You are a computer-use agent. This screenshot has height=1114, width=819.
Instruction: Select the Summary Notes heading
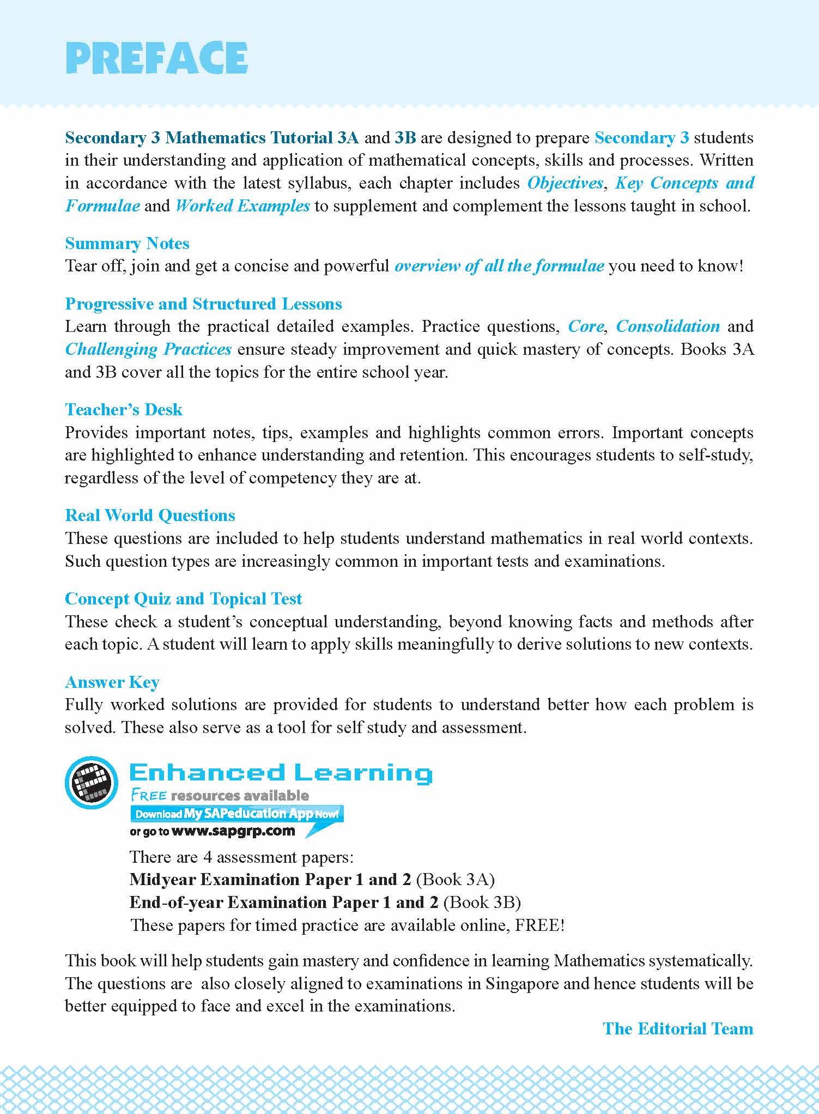coord(127,243)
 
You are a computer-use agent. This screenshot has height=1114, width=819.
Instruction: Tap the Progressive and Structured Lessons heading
coord(203,304)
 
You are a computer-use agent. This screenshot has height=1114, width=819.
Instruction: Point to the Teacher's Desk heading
coord(124,409)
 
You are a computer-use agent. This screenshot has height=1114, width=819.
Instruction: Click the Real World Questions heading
coord(150,515)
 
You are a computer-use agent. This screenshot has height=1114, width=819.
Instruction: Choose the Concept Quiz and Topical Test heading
coord(183,598)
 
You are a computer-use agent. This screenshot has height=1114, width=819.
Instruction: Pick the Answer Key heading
coord(112,682)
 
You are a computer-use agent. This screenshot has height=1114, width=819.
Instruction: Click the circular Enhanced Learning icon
coord(91,783)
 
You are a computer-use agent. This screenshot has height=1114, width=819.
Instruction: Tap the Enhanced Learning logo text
coord(281,773)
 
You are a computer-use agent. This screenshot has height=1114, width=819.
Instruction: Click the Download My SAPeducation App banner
coord(236,814)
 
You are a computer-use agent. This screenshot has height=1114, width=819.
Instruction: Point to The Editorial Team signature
coord(678,1028)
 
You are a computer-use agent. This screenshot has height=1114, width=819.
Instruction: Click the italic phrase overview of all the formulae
coord(499,266)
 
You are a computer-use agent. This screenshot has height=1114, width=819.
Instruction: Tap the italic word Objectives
coord(565,183)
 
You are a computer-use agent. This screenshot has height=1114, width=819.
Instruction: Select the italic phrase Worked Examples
coord(242,205)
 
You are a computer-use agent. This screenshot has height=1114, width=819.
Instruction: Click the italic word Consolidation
coord(668,326)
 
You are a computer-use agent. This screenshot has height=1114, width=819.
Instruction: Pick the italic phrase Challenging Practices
coord(148,349)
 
